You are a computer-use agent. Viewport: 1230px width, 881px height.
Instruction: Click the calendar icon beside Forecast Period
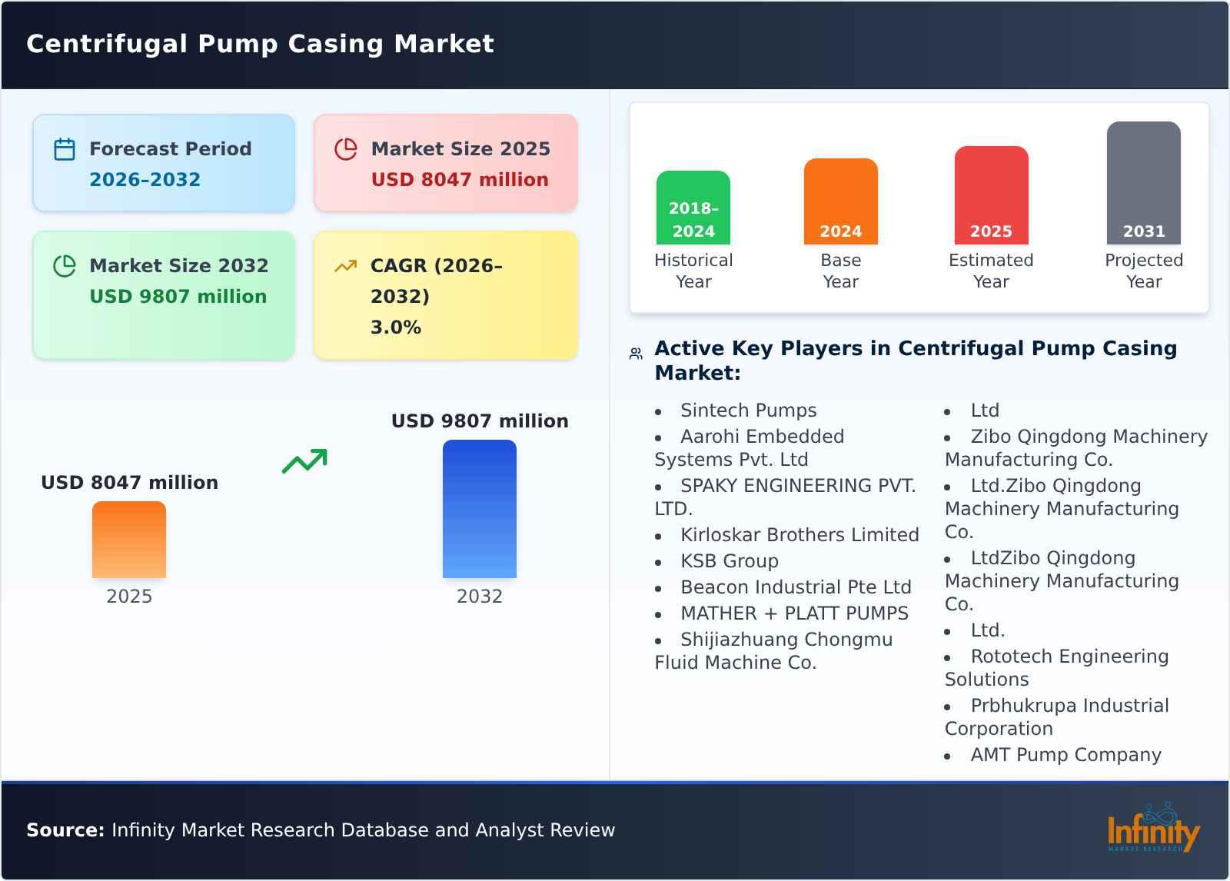click(x=65, y=149)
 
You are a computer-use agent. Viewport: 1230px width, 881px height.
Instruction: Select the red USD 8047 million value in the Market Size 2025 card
click(x=460, y=180)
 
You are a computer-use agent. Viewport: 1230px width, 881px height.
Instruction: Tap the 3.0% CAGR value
click(x=395, y=327)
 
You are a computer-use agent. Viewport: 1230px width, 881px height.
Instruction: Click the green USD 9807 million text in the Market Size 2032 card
click(x=178, y=297)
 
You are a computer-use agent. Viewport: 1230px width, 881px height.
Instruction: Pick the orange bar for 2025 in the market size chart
click(x=129, y=540)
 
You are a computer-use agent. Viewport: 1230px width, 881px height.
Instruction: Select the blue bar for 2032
click(x=479, y=509)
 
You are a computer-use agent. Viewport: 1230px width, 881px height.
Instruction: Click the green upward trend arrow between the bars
click(x=304, y=461)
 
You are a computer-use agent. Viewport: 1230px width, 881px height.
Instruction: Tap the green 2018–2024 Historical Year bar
click(x=693, y=208)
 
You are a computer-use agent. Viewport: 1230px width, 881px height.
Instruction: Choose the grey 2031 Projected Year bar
click(x=1143, y=183)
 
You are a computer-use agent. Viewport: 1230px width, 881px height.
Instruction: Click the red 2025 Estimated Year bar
click(x=991, y=195)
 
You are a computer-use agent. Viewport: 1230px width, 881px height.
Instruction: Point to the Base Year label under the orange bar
click(x=840, y=271)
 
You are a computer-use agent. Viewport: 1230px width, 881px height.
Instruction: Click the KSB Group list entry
click(x=729, y=561)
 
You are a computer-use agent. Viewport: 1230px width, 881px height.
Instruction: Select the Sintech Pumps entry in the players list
click(x=748, y=411)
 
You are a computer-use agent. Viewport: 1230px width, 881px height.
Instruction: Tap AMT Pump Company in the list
click(x=1065, y=755)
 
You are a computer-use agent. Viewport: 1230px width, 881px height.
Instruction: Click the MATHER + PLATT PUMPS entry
click(x=793, y=613)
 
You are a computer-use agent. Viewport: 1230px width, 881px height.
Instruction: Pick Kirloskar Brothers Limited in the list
click(x=799, y=535)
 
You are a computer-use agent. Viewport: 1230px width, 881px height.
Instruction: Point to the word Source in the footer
click(x=65, y=830)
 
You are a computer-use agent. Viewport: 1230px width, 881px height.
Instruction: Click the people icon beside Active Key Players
click(x=636, y=354)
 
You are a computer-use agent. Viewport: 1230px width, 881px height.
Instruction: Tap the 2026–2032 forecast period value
click(x=145, y=180)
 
